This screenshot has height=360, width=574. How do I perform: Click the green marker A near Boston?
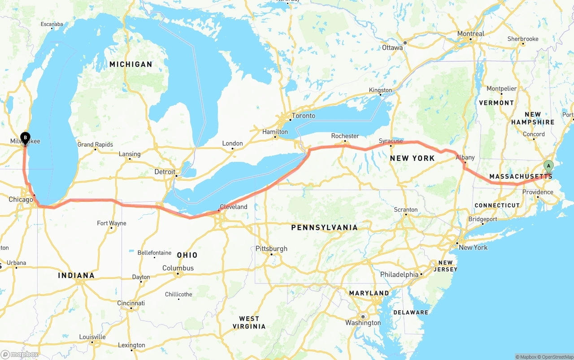coord(548,167)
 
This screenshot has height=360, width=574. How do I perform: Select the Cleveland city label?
coord(233,207)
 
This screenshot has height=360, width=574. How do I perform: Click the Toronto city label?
coord(303,116)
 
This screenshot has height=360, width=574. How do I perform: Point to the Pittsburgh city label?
coord(271,248)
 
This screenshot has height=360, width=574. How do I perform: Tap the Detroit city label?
coord(165,172)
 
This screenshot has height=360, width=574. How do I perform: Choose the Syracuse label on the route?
coord(391,141)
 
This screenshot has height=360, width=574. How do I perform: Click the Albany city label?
coord(465,157)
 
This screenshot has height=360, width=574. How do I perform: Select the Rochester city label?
coord(345,136)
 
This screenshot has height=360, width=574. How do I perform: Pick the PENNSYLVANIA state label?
coord(324,227)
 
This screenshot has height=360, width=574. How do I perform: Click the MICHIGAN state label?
coord(131,64)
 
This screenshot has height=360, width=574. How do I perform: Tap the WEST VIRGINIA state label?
coord(249,322)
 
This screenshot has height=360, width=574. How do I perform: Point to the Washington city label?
coord(363,323)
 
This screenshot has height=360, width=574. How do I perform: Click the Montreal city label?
coord(470,34)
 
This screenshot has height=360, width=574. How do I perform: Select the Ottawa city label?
coord(393,48)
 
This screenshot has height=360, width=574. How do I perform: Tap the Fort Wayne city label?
coord(112,223)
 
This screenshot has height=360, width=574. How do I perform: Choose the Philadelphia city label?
coord(399,274)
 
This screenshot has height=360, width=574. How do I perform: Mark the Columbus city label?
coord(178,268)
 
